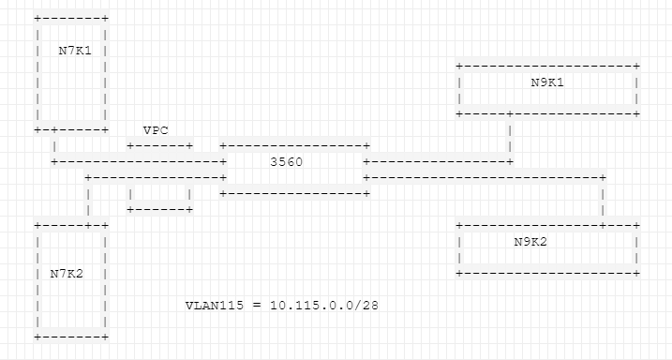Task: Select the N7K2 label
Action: [x=66, y=273]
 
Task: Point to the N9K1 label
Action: [x=546, y=82]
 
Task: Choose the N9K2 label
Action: [x=530, y=242]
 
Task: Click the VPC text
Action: [x=155, y=129]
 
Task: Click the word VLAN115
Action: [x=216, y=306]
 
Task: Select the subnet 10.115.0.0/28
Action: [x=324, y=306]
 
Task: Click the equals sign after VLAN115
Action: [x=256, y=306]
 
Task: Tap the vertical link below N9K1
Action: [x=509, y=138]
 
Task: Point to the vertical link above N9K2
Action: [x=603, y=200]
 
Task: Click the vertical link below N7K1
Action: [x=56, y=145]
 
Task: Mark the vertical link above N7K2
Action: [x=88, y=200]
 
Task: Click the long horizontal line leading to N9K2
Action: [x=484, y=176]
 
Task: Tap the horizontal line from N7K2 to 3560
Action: [x=155, y=176]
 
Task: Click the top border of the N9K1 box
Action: [x=546, y=67]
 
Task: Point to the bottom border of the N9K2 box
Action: [x=546, y=273]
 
